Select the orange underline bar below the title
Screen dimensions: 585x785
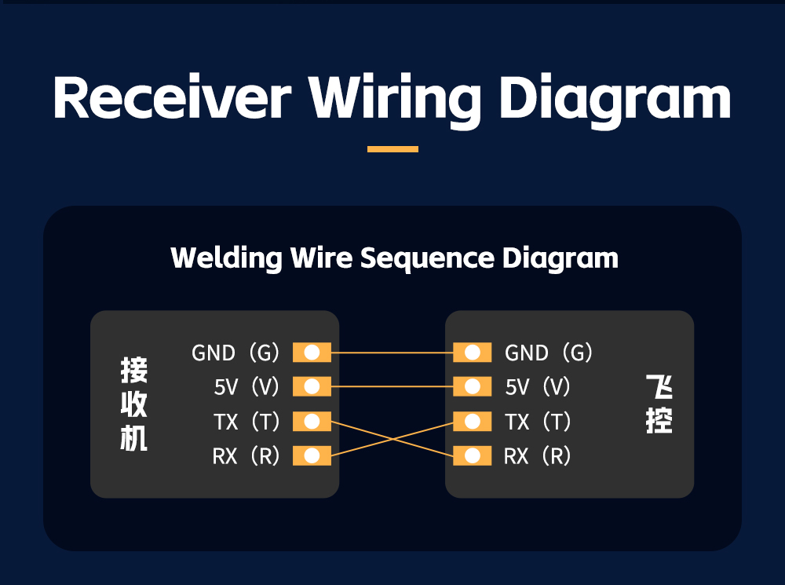click(x=392, y=148)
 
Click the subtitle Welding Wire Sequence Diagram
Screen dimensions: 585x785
click(x=394, y=258)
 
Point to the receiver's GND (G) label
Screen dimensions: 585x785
click(x=235, y=353)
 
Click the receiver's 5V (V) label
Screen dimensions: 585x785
click(x=246, y=387)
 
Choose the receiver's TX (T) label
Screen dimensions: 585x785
click(x=246, y=422)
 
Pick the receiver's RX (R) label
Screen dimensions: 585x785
click(x=246, y=456)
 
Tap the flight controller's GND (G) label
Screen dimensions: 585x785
click(x=549, y=353)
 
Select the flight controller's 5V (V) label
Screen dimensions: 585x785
click(x=538, y=387)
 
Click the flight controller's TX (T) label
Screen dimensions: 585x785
click(x=538, y=422)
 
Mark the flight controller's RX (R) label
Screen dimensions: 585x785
click(x=538, y=456)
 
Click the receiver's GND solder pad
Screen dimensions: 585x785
click(x=312, y=353)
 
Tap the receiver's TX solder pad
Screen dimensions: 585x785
click(x=312, y=422)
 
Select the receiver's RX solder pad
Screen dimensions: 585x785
click(x=312, y=455)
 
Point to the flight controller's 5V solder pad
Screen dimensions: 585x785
click(x=472, y=386)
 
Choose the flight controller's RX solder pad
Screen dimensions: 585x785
click(x=472, y=455)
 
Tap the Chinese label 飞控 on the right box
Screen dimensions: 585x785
click(x=659, y=404)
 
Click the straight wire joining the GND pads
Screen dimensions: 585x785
click(x=392, y=353)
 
